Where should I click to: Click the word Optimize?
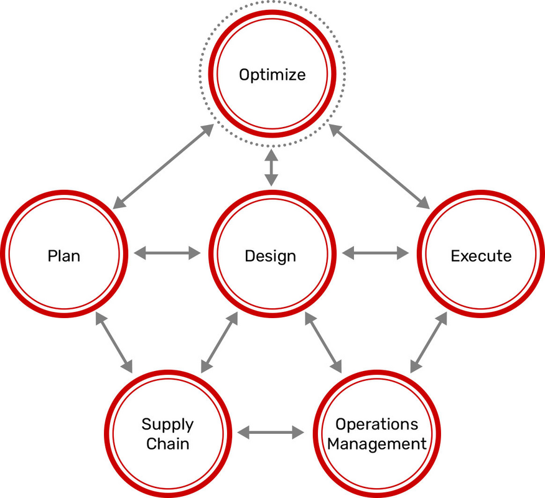(272, 75)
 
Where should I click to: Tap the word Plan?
(64, 256)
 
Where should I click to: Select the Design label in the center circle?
(270, 256)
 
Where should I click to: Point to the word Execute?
(481, 256)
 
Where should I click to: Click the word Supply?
(167, 425)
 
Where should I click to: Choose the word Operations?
(377, 425)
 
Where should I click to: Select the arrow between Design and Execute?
(376, 253)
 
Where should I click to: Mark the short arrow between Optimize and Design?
(271, 167)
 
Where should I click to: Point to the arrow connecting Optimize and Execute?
(380, 166)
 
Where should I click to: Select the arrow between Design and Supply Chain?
(220, 342)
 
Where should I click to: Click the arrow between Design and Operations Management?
(323, 342)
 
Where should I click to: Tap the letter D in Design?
(249, 256)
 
